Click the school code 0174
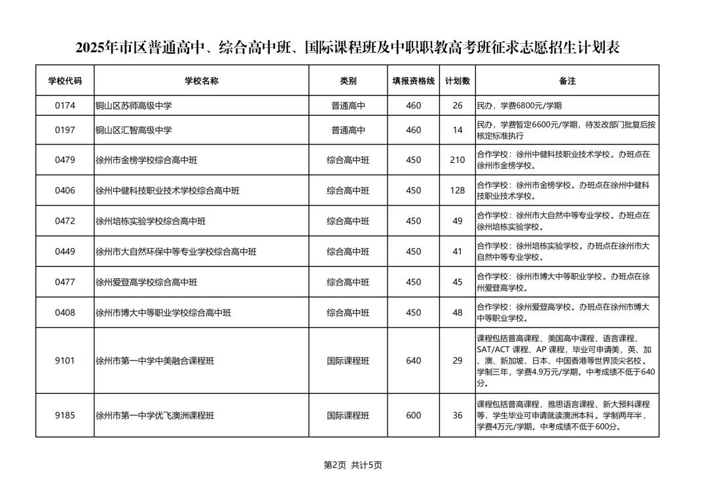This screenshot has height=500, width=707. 65,105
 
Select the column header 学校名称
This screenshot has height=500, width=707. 201,81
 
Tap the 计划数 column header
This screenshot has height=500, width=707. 457,81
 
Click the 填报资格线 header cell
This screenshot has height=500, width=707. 413,81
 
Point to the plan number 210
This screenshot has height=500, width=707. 457,160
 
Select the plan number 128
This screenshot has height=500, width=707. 457,190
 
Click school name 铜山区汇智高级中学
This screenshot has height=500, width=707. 134,130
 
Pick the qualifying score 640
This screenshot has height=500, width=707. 413,361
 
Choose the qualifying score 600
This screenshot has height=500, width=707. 413,416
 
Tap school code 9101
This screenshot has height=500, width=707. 65,361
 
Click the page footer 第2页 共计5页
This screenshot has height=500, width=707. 353,465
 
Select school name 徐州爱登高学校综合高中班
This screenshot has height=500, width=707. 146,282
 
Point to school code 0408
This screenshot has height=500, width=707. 65,313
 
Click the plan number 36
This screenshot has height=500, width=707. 457,416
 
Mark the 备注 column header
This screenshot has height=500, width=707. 567,81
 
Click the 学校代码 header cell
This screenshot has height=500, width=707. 65,81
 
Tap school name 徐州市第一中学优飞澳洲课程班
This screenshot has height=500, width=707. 154,416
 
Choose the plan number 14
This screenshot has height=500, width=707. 457,130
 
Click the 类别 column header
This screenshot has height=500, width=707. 348,81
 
